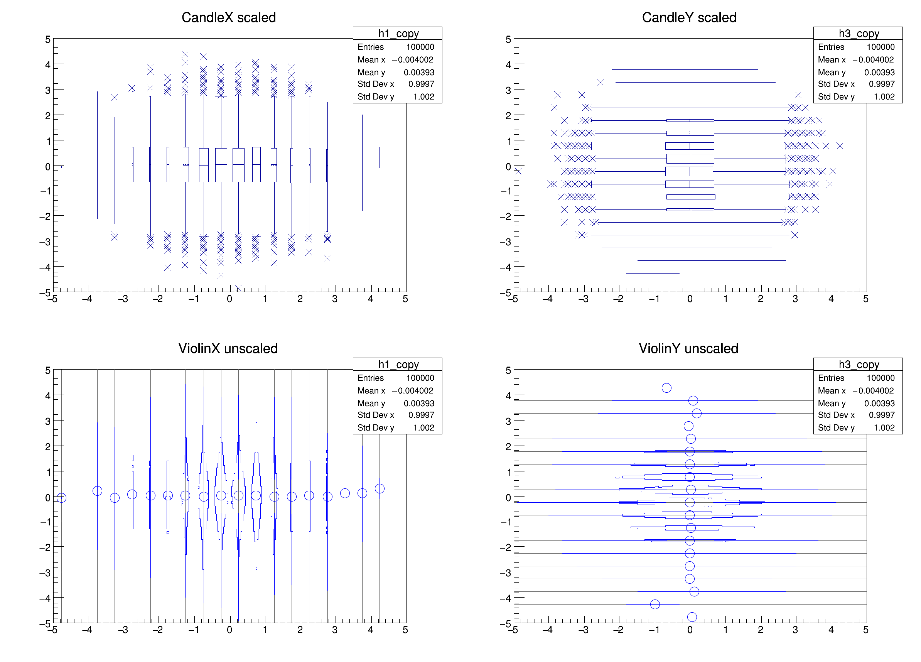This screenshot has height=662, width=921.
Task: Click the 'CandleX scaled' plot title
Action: coord(229,17)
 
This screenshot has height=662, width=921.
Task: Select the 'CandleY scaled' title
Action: coord(689,17)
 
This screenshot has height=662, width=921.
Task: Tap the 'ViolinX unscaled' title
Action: coord(228,348)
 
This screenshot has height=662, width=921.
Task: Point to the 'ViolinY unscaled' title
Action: coord(688,348)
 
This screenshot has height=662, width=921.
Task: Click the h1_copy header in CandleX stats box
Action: coord(398,33)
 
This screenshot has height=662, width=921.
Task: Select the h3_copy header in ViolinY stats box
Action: coord(859,364)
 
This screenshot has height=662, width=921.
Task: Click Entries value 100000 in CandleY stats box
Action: coord(881,47)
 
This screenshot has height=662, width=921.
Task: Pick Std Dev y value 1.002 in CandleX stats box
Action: coord(423,97)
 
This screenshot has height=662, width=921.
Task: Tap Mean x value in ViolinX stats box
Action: coord(413,391)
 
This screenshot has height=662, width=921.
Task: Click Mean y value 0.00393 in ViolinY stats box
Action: coord(879,403)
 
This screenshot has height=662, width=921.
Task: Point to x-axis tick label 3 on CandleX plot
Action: coord(335,299)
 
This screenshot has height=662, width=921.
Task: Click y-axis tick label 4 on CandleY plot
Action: coord(508,64)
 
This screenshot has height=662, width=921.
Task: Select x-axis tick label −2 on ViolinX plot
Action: coord(158,630)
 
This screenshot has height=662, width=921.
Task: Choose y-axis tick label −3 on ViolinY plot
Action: coord(506,572)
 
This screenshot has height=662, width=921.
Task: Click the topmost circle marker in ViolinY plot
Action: coord(666,388)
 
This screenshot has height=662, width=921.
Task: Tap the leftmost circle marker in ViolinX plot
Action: coord(61,498)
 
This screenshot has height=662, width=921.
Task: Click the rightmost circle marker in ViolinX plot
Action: coord(380,488)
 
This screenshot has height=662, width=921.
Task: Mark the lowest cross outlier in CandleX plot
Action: coord(238,288)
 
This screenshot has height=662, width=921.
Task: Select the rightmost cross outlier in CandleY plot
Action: coord(840,146)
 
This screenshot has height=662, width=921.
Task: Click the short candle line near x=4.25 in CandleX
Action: coord(380,157)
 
